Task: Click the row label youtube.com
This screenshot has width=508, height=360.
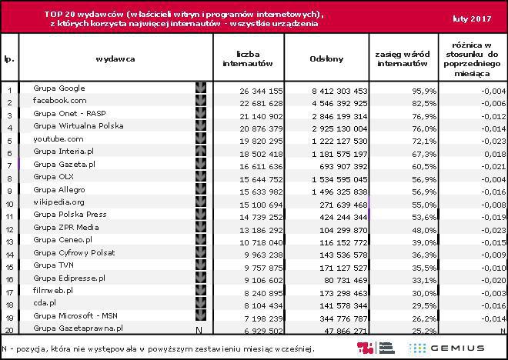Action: (58, 139)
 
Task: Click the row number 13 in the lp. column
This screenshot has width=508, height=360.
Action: (9, 241)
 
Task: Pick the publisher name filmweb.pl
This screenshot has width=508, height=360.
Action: (54, 291)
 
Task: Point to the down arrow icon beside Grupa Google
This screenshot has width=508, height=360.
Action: (201, 88)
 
